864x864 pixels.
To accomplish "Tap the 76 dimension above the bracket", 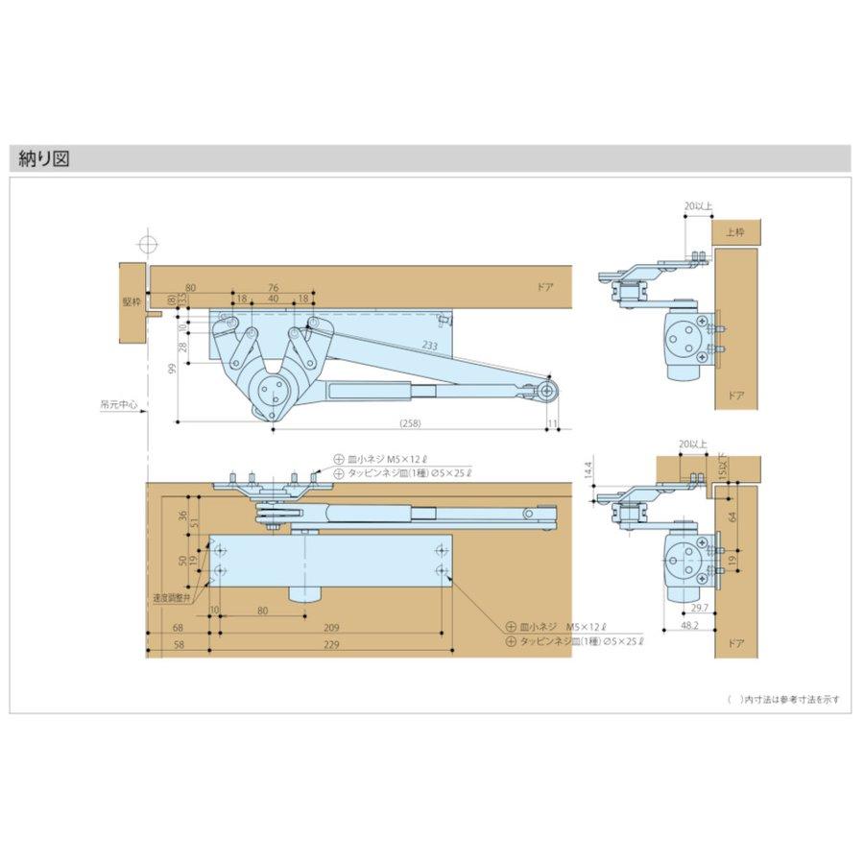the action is pos(274,288).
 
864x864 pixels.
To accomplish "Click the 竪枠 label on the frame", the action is pos(131,302).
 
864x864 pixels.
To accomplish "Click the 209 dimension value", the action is pos(331,627).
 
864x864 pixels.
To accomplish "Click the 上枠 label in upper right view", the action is pos(735,231).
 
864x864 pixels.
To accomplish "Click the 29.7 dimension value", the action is pos(698,610).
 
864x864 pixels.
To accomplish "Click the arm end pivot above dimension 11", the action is pos(547,391).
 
